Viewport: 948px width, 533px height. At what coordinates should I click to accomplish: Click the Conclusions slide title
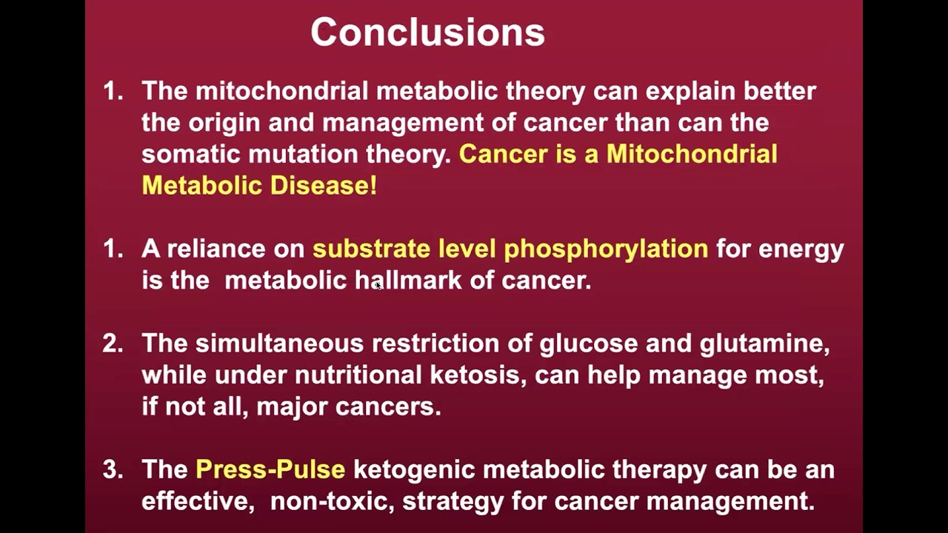pos(427,33)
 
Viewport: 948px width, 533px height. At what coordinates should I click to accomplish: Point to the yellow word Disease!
pos(323,185)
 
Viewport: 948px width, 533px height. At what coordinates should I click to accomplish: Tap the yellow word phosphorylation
pos(606,249)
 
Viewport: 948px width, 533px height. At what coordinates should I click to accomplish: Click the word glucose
pos(588,343)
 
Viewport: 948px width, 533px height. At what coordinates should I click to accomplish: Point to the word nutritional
pos(358,375)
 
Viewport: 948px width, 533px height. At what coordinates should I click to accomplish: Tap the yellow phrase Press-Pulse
pos(270,469)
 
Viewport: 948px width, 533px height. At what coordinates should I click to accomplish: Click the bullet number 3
pos(113,469)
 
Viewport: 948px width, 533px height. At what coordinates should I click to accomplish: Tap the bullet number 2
pos(113,343)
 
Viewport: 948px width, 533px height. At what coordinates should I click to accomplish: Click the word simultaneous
pos(279,343)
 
